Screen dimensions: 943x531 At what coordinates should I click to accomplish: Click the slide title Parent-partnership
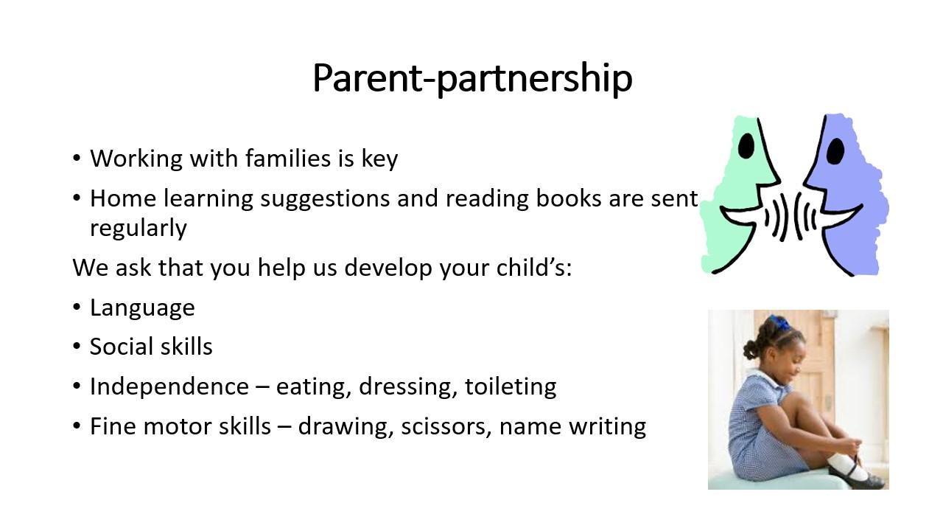(x=472, y=79)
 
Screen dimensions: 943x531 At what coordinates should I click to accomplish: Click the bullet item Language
(x=142, y=308)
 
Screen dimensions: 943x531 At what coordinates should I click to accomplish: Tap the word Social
(x=119, y=347)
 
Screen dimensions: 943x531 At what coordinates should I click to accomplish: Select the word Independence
(x=169, y=386)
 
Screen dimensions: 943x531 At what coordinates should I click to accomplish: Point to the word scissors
(x=446, y=426)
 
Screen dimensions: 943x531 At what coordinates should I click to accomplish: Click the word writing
(x=608, y=427)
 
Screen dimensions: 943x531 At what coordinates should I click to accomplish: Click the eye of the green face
(x=746, y=146)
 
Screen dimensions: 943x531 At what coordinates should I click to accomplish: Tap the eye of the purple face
(x=835, y=151)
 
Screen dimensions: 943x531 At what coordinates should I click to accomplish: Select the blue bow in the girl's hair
(x=780, y=322)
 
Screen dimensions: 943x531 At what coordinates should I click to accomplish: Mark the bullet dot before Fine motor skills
(x=76, y=426)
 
